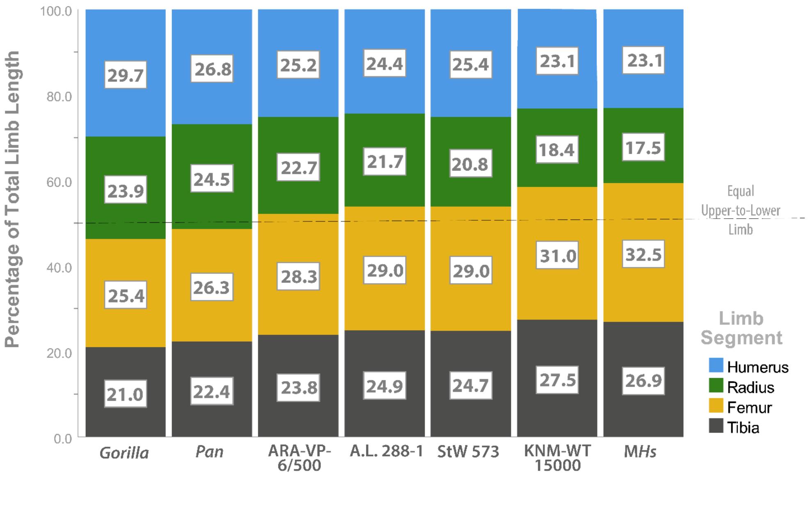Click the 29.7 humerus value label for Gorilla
pyautogui.click(x=126, y=75)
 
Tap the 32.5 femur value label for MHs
pyautogui.click(x=643, y=254)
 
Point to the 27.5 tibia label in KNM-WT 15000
pyautogui.click(x=557, y=380)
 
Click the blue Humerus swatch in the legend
pyautogui.click(x=716, y=365)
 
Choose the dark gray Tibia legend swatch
pyautogui.click(x=716, y=426)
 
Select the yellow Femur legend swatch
pyautogui.click(x=716, y=406)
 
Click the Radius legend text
pyautogui.click(x=751, y=387)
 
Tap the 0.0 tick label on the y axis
pyautogui.click(x=63, y=438)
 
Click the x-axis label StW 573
pyautogui.click(x=468, y=452)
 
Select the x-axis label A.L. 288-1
pyautogui.click(x=386, y=451)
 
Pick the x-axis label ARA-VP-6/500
pyautogui.click(x=299, y=458)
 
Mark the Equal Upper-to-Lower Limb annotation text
pyautogui.click(x=741, y=210)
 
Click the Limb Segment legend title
pyautogui.click(x=741, y=328)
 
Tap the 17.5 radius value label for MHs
pyautogui.click(x=643, y=147)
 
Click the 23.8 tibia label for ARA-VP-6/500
pyautogui.click(x=298, y=387)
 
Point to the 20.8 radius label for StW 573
pyautogui.click(x=471, y=164)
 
